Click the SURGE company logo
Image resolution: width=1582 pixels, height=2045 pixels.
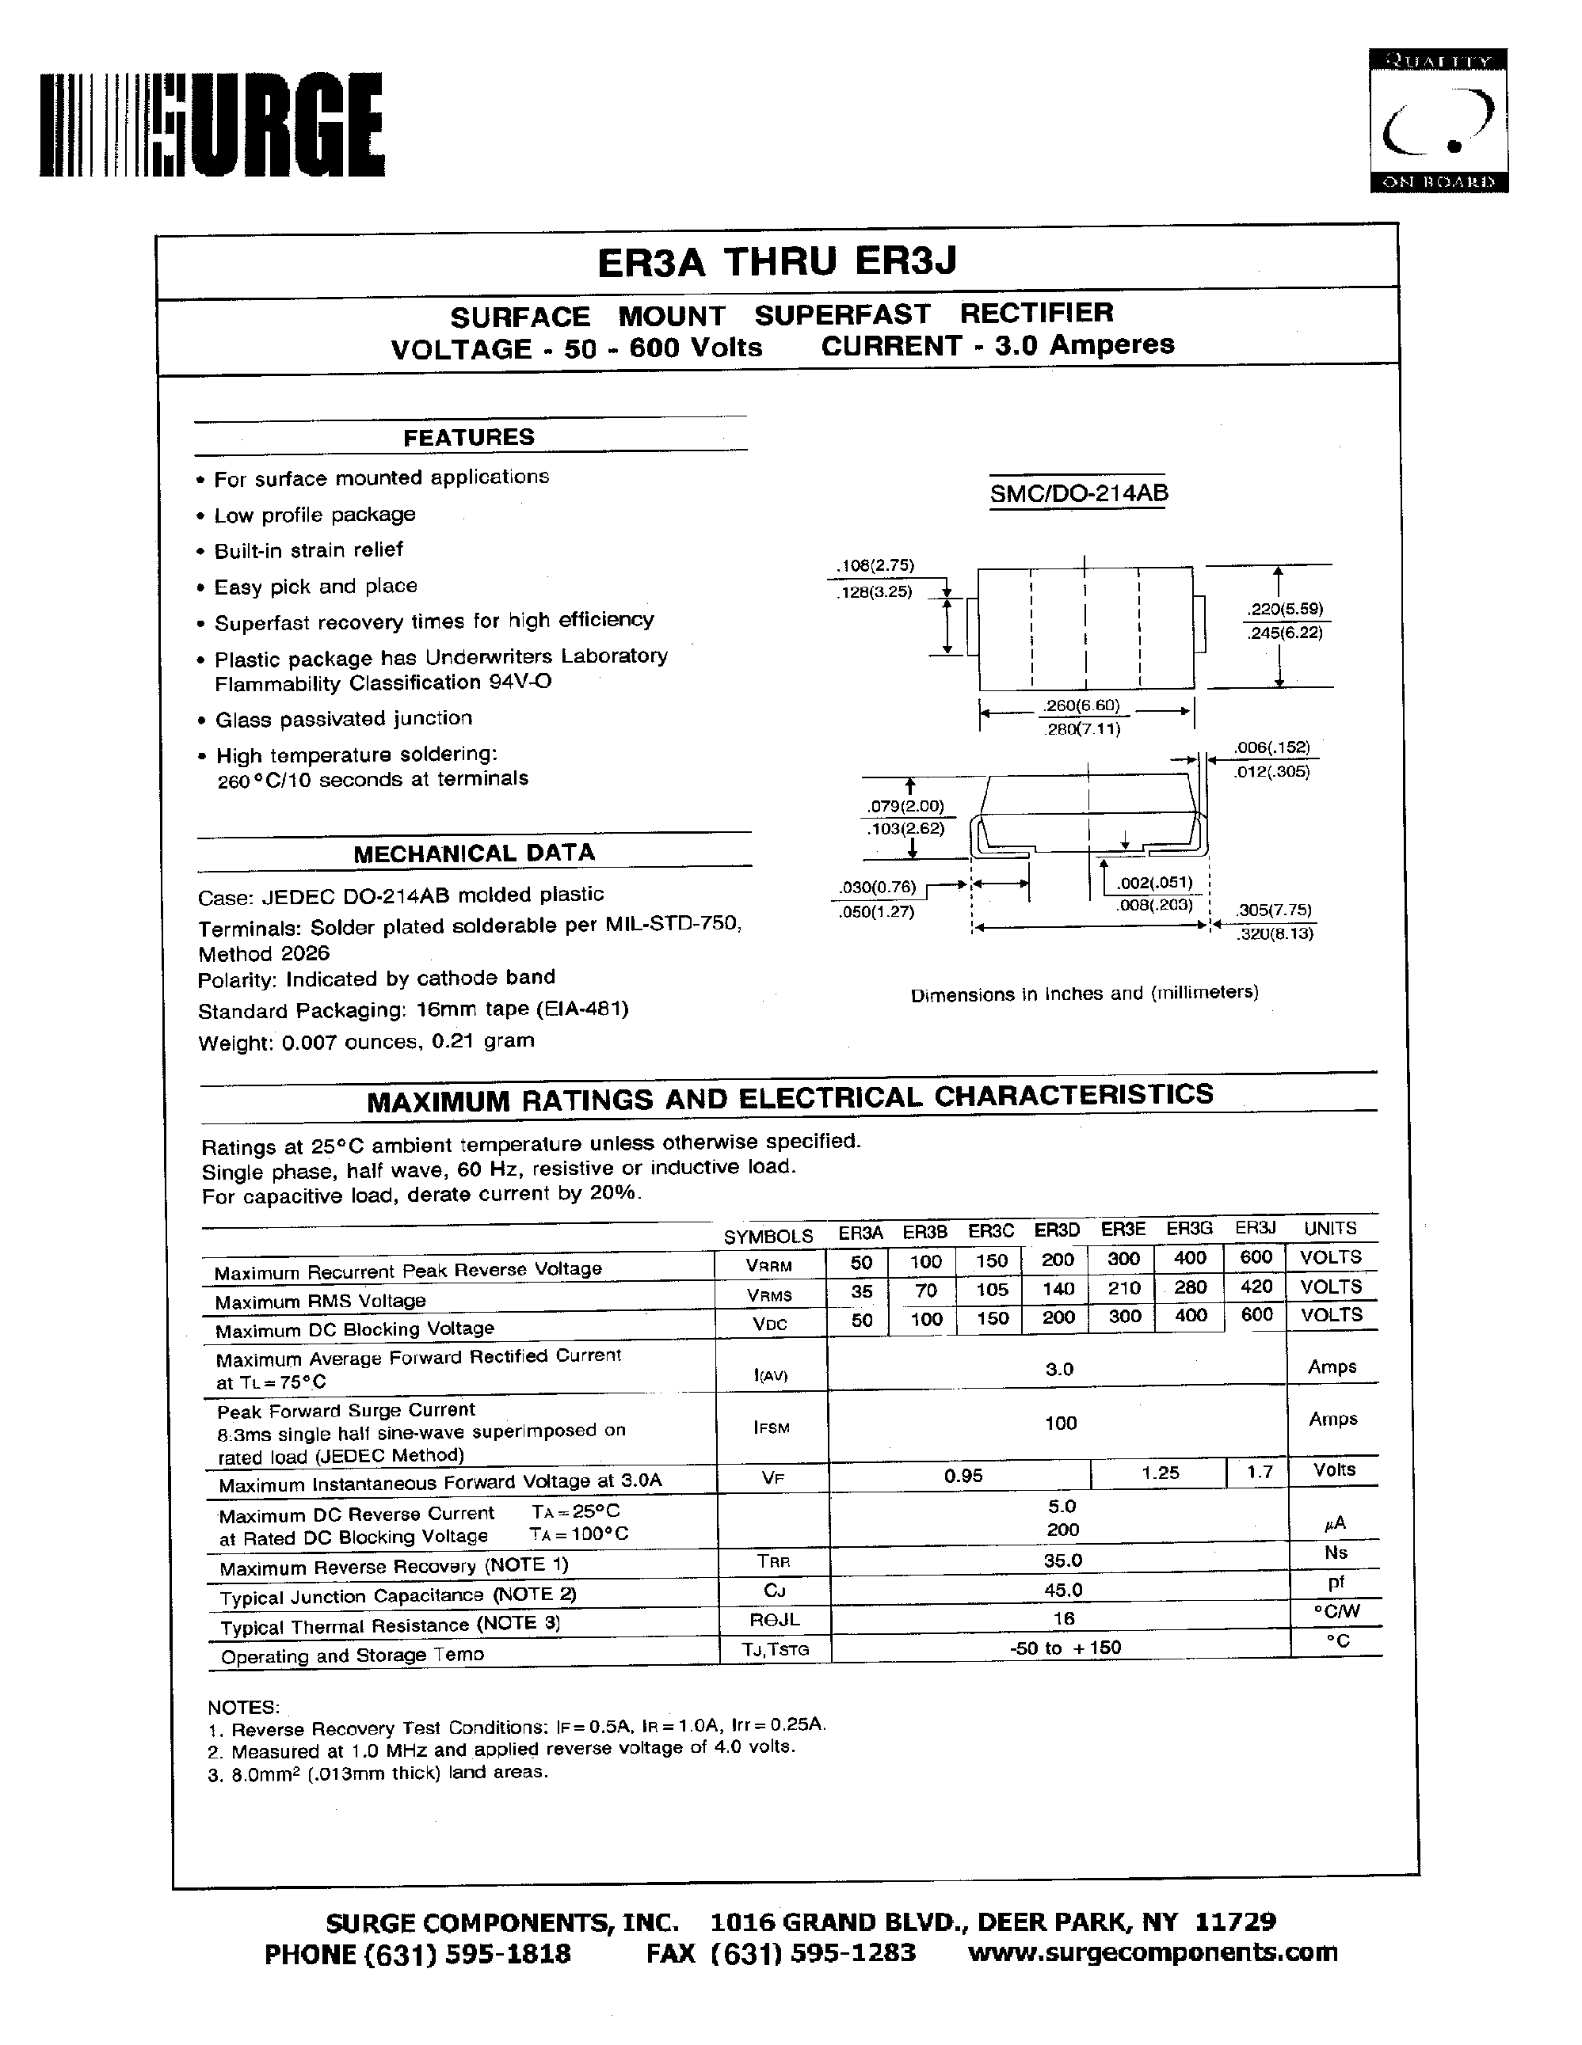(212, 125)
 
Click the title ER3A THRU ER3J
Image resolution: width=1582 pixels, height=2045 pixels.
(776, 261)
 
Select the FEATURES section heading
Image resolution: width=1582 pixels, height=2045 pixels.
(468, 437)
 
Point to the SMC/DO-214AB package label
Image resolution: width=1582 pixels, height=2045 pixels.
(1079, 493)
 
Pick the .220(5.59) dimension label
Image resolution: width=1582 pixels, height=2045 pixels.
(1284, 609)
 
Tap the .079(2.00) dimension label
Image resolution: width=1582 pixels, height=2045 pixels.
(904, 806)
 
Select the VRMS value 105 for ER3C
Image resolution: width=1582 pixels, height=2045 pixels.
(992, 1290)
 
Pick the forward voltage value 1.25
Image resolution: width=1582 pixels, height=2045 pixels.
(1161, 1473)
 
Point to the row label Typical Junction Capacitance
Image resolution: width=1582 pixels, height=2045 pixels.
(397, 1595)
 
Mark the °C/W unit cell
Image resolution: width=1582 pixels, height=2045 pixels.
(1336, 1611)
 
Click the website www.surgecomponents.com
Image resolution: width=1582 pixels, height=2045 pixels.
(1152, 1952)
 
